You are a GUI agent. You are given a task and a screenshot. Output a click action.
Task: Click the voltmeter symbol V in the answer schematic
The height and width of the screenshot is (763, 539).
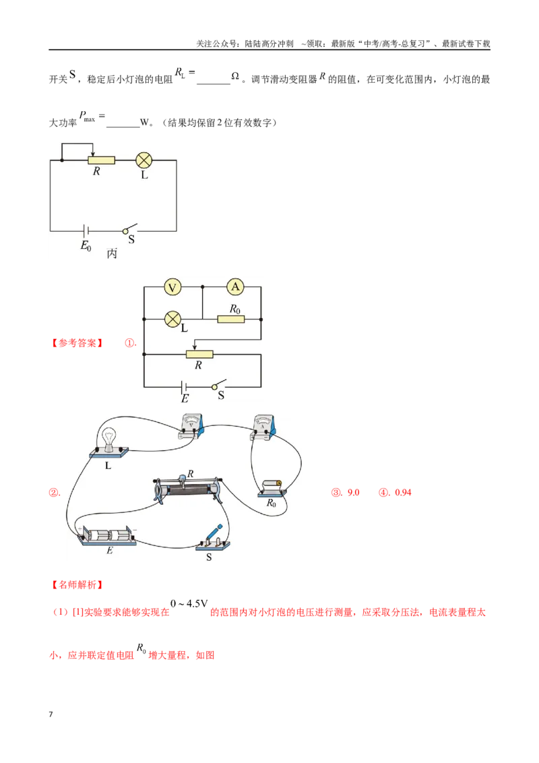[x=172, y=287]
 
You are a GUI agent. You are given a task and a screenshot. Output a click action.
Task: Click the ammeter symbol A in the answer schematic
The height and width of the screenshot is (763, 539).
[x=235, y=287]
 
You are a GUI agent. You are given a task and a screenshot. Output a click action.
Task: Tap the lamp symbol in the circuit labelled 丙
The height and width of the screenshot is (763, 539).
[x=144, y=160]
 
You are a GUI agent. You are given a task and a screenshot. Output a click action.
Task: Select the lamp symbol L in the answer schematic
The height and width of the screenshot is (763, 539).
[x=172, y=319]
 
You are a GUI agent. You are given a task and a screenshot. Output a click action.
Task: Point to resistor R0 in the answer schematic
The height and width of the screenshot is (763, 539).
[x=230, y=319]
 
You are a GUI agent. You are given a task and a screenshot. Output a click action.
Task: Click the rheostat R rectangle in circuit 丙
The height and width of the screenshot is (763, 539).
[x=101, y=160]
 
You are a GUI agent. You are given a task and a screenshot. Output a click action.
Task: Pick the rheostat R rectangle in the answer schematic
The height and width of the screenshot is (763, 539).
[x=199, y=355]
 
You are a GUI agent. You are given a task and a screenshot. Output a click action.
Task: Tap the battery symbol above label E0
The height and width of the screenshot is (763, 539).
[x=86, y=231]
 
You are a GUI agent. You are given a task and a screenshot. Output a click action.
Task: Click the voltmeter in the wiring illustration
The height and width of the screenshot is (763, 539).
[x=191, y=427]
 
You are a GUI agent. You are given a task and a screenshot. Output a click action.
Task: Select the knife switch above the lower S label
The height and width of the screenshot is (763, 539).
[x=213, y=539]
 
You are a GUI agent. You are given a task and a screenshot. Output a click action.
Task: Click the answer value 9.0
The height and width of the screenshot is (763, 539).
[x=353, y=493]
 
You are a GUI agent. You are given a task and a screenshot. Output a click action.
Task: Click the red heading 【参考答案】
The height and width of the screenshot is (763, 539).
[x=77, y=343]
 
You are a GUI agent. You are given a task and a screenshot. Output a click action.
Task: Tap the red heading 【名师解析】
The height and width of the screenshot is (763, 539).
[x=77, y=584]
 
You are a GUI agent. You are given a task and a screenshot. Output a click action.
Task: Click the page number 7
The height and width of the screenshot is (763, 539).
[x=51, y=714]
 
